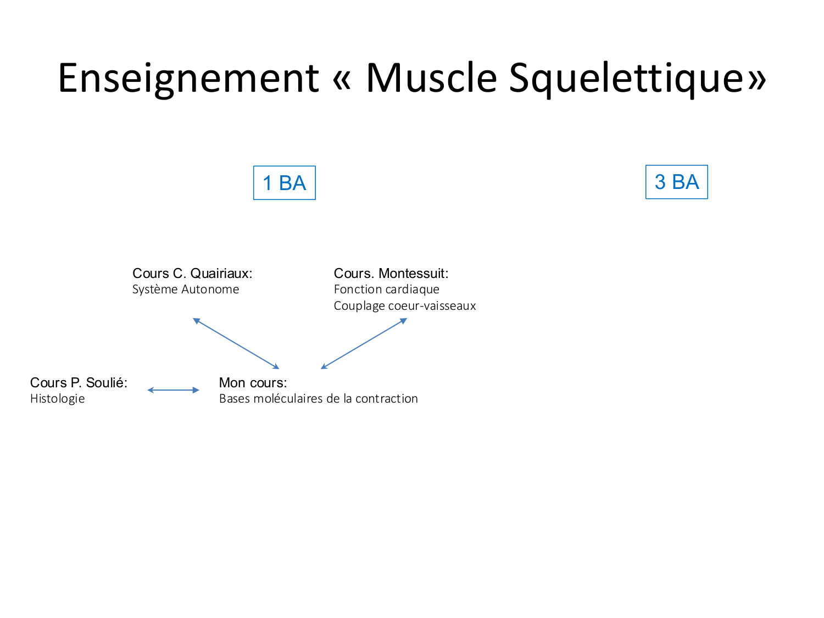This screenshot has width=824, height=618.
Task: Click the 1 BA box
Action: point(284,183)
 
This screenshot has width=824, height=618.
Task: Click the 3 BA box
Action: point(676,182)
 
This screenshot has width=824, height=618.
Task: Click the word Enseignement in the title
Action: point(188,78)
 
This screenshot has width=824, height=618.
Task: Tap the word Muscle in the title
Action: point(431,78)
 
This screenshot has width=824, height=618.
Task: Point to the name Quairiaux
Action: point(221,273)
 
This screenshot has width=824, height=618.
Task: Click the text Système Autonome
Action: point(186,289)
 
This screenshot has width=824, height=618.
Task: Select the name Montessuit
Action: point(414,273)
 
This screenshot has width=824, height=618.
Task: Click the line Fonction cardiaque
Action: point(386,289)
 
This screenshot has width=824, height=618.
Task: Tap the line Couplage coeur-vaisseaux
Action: point(405,306)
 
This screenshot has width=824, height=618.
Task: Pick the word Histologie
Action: point(57,399)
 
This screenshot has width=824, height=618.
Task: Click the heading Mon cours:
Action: point(253,382)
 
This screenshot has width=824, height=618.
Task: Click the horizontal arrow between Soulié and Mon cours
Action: point(174,390)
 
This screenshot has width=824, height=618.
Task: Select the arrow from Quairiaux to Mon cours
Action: point(236,343)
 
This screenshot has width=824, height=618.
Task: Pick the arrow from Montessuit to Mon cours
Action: point(364,343)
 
